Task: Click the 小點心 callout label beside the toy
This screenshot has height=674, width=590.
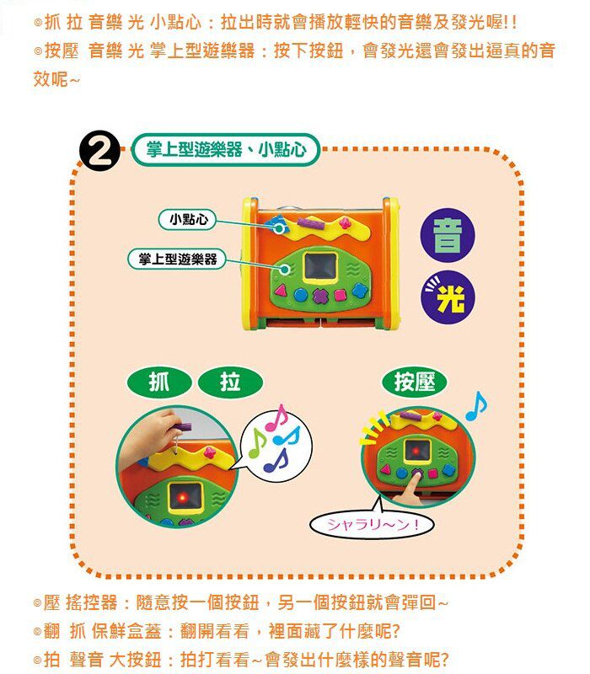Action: click(188, 220)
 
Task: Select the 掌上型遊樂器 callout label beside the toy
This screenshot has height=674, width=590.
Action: click(172, 259)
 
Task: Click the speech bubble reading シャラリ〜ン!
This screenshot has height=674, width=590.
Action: click(372, 527)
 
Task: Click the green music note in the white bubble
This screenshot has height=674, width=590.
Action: click(257, 444)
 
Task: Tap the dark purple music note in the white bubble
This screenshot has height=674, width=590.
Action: click(276, 461)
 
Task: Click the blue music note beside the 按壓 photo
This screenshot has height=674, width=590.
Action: click(476, 406)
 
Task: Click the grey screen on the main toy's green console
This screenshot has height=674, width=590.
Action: click(320, 268)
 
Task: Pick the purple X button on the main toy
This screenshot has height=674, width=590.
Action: click(320, 296)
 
